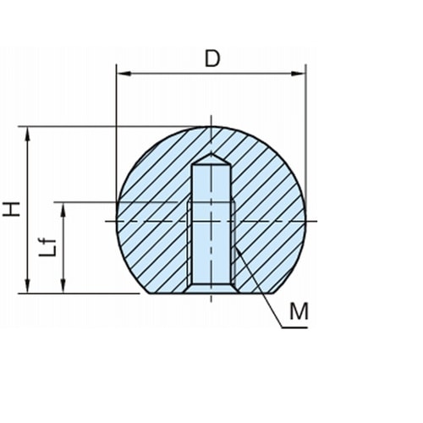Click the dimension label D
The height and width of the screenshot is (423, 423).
[212, 59]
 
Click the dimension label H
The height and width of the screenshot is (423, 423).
[12, 209]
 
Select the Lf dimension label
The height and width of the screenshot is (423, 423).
[47, 247]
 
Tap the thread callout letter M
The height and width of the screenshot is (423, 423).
[299, 311]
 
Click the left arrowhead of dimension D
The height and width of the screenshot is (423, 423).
[124, 74]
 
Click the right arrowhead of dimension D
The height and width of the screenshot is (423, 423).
[299, 74]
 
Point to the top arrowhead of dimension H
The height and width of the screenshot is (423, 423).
[27, 134]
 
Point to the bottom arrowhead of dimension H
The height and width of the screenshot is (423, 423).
[27, 286]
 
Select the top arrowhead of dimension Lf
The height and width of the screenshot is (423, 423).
[63, 210]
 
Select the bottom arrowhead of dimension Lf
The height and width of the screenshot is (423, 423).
[63, 286]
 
